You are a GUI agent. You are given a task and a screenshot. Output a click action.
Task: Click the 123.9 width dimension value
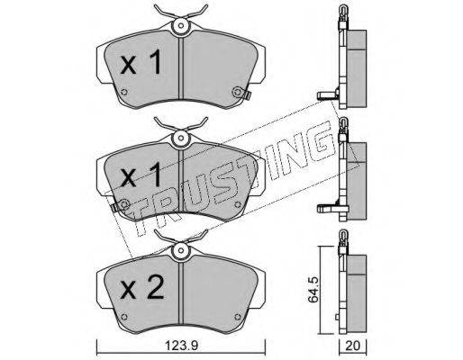[182, 346]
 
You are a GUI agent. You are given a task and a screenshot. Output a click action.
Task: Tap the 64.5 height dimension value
[313, 290]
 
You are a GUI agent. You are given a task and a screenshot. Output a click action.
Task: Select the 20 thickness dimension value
[352, 346]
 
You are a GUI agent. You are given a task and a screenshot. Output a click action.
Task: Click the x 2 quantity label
[142, 287]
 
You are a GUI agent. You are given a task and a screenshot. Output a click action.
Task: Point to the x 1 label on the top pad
[141, 62]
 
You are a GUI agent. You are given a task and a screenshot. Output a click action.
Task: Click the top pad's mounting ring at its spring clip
[180, 25]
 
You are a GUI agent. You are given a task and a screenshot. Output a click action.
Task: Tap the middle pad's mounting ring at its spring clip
[180, 138]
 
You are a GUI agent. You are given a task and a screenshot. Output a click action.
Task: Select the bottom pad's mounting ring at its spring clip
[180, 250]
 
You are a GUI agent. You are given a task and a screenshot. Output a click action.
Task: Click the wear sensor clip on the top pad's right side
[247, 95]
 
